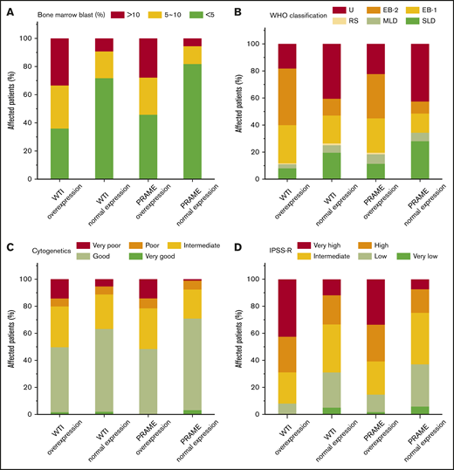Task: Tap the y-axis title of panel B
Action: [240, 111]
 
